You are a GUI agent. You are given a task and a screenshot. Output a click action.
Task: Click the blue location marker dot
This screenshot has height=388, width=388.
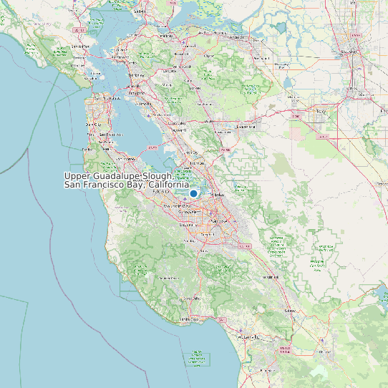click(193, 193)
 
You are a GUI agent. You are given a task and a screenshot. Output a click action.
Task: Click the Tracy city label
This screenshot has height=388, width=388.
click(320, 112)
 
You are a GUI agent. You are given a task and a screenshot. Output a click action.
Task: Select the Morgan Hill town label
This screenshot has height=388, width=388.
click(271, 277)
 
